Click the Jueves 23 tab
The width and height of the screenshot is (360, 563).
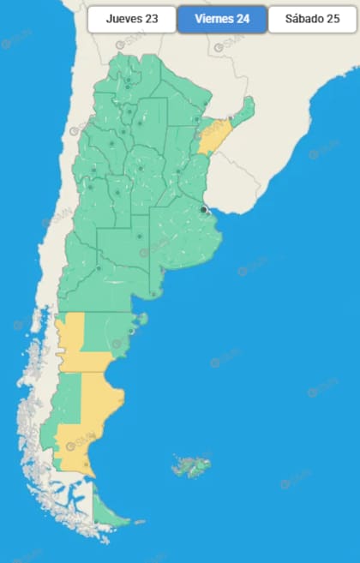(x=131, y=19)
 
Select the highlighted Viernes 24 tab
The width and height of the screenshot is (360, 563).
(x=222, y=19)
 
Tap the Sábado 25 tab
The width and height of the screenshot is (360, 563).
(x=312, y=19)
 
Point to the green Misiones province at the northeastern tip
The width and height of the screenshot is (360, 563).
(x=245, y=110)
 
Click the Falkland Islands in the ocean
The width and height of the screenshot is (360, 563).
(x=191, y=466)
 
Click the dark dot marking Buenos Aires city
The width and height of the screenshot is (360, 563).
(x=204, y=209)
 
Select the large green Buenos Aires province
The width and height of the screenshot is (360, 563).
(x=184, y=236)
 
